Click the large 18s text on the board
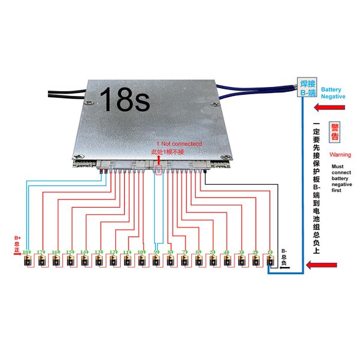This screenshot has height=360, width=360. click(x=124, y=100)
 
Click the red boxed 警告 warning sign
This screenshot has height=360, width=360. click(x=335, y=133)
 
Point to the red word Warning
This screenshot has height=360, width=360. click(x=340, y=155)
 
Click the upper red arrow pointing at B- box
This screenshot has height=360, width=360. click(x=332, y=109)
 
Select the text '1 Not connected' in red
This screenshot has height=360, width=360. click(x=179, y=145)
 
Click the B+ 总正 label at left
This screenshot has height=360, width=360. click(x=17, y=244)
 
